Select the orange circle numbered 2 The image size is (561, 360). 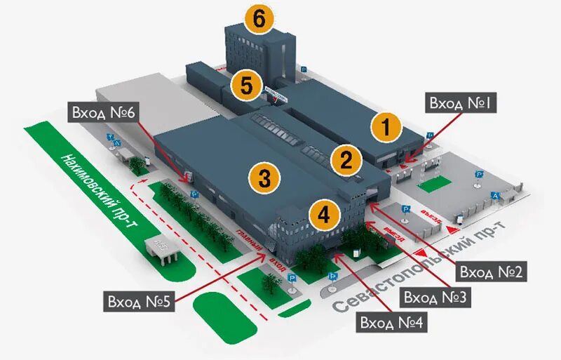[346, 160]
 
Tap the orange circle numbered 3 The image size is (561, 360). [264, 178]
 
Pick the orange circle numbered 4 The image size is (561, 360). [324, 215]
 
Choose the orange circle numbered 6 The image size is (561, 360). [259, 20]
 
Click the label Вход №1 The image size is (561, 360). [461, 104]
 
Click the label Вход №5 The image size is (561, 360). [138, 302]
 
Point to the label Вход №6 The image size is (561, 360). [104, 112]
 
